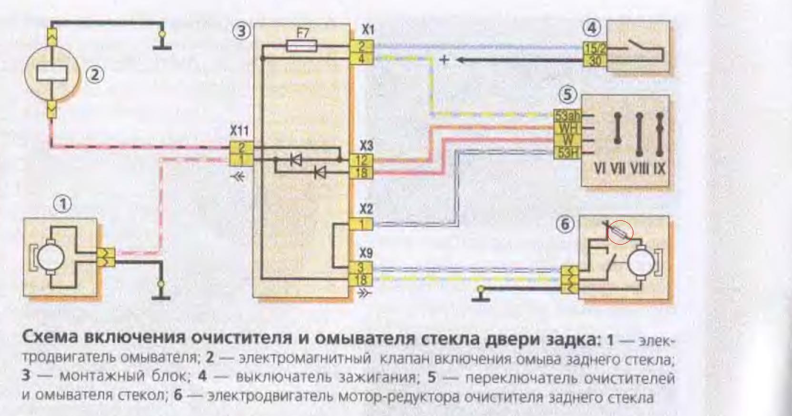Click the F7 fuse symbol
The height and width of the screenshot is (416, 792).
click(x=302, y=46)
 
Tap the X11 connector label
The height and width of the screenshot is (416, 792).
click(x=239, y=130)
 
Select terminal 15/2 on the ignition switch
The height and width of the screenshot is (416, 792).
click(x=592, y=48)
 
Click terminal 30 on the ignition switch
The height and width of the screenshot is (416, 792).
click(x=592, y=60)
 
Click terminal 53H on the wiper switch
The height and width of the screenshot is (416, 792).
click(x=566, y=153)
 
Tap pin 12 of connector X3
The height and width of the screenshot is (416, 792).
click(x=361, y=160)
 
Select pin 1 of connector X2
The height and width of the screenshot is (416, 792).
click(x=361, y=224)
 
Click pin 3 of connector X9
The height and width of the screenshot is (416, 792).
click(x=361, y=268)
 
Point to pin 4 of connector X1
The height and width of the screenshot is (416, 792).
click(x=361, y=59)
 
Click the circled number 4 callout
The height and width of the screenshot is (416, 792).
click(x=591, y=29)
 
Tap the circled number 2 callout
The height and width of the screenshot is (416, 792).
click(x=95, y=75)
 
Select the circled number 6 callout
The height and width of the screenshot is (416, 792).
click(x=565, y=224)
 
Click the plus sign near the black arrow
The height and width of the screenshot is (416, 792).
click(x=444, y=60)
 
